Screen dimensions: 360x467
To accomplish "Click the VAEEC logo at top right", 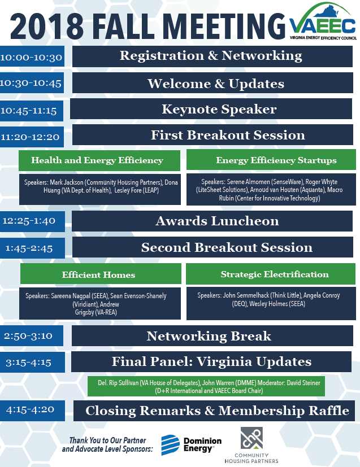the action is click(x=323, y=21).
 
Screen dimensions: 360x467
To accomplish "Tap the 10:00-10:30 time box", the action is click(x=32, y=56).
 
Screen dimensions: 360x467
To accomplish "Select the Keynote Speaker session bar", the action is click(x=211, y=109).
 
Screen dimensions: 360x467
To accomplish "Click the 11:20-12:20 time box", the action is click(x=32, y=137).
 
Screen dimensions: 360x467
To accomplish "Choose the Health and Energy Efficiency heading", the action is click(x=99, y=160).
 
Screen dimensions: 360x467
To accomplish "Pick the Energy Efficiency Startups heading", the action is click(x=271, y=160).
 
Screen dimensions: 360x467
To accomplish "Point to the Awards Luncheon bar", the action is click(x=212, y=221).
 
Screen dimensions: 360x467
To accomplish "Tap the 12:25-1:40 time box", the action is click(x=32, y=221).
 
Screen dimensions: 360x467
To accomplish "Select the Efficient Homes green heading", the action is click(x=101, y=274).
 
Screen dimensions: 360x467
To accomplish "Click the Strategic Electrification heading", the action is click(x=271, y=274).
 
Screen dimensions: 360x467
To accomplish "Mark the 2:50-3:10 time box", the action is click(x=31, y=335).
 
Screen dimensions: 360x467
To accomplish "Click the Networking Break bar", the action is click(x=212, y=335).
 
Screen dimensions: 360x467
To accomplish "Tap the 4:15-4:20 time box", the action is click(x=32, y=411).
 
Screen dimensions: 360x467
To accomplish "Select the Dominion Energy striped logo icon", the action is click(x=171, y=445).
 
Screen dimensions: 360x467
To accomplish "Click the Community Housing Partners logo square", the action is click(x=252, y=438).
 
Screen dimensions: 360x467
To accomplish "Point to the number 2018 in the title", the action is click(x=47, y=26).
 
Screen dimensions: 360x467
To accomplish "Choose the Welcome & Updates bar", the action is click(x=213, y=83).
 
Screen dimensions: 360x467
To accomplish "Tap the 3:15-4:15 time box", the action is click(x=32, y=362).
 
